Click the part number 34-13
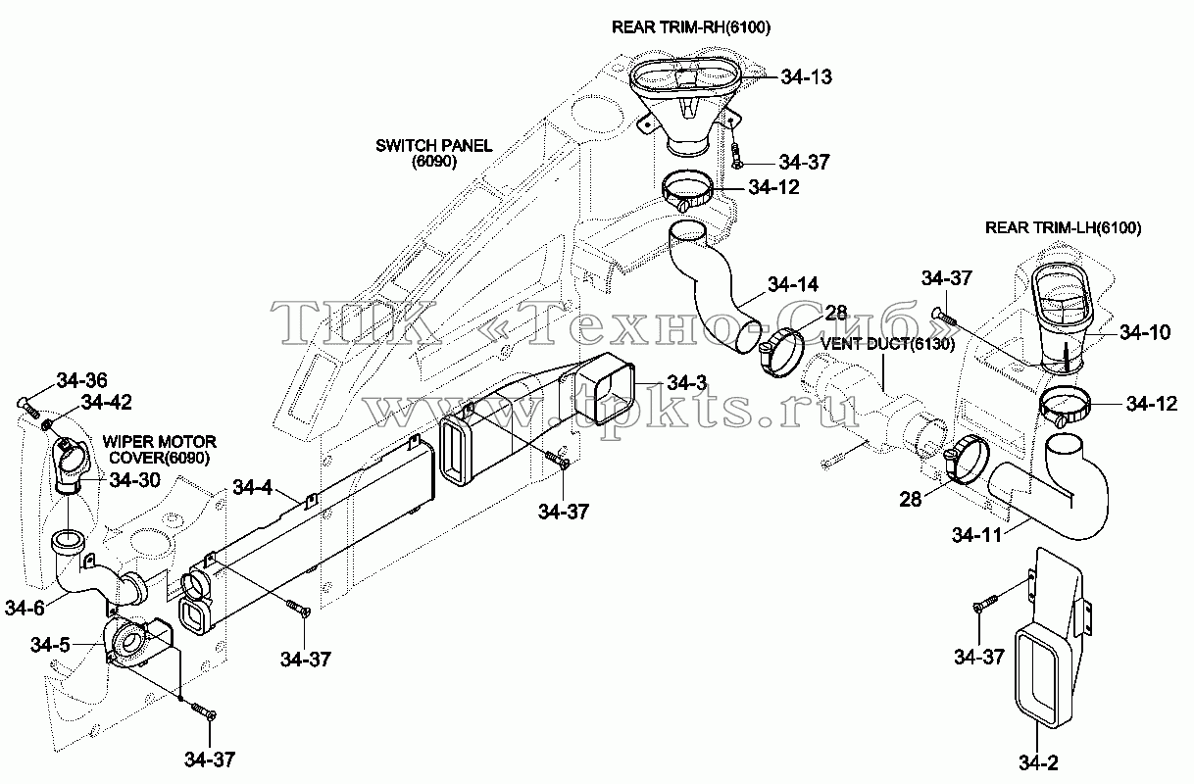tap(806, 77)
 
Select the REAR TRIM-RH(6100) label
tap(691, 27)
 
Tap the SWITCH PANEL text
tap(434, 145)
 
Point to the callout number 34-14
tap(793, 284)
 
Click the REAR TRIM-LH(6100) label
tap(1064, 228)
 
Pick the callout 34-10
tap(1145, 332)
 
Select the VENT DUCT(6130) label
tap(887, 344)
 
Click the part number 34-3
tap(687, 382)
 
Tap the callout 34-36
tap(82, 380)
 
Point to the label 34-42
tap(107, 403)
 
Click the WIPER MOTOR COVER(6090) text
tap(160, 450)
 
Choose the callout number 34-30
tap(135, 480)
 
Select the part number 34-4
tap(253, 487)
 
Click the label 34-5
tap(50, 645)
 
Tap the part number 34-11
tap(977, 535)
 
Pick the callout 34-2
tap(1039, 763)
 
